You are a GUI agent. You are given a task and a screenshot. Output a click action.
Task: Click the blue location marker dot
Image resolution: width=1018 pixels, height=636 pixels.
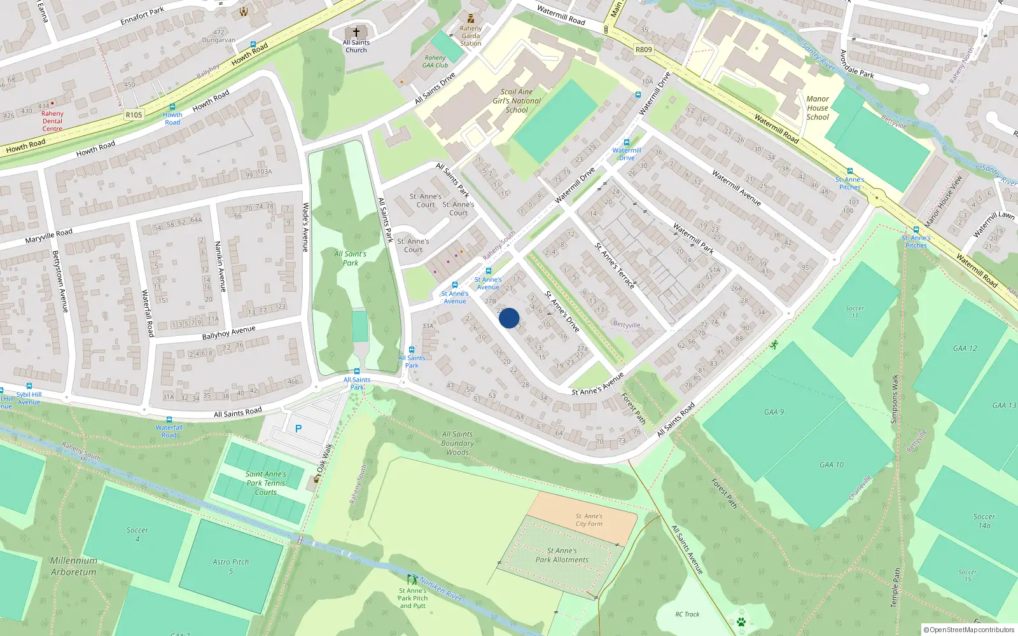pos(509,318)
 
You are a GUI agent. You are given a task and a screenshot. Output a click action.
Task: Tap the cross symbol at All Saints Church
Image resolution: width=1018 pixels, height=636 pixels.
pos(356,32)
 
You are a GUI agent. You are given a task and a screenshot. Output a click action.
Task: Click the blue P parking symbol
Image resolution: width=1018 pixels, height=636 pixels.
pos(298,429)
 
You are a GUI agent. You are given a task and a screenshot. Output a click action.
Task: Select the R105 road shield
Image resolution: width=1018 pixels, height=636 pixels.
pos(134,115)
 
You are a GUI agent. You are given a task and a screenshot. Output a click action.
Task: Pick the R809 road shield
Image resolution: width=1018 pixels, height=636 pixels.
pos(643,50)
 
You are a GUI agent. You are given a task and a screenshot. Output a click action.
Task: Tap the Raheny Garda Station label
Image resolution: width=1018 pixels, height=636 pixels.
pos(471,36)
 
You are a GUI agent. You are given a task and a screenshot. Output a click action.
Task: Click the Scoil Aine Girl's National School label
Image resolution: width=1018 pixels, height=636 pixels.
pos(517,100)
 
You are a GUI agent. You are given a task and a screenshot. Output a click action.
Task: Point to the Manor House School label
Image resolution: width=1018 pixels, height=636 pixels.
pos(818,108)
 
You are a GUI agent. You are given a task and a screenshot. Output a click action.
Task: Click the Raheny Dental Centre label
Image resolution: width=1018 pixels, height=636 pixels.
pos(52,121)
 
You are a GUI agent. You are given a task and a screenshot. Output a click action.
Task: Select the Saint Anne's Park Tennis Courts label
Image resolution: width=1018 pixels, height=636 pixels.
pos(266,483)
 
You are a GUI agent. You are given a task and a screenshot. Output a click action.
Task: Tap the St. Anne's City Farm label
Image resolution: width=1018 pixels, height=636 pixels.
pos(589,520)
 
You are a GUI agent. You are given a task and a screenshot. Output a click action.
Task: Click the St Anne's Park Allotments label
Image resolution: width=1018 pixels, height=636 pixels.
pos(562,555)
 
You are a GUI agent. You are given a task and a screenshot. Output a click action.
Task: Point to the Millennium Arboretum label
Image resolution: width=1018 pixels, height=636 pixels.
pos(74,566)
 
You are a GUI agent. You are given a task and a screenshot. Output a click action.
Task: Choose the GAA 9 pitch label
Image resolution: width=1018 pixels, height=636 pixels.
pos(774,412)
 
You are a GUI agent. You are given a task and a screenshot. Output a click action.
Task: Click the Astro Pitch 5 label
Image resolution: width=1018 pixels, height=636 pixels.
pos(230,566)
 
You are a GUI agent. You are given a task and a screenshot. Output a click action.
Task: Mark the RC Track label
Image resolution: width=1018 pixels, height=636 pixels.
pos(687,614)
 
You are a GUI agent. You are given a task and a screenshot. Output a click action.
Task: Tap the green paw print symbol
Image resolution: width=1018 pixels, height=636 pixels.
pos(741,621)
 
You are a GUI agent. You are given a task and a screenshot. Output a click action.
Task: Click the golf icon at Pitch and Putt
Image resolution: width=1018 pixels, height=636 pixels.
pos(412,579)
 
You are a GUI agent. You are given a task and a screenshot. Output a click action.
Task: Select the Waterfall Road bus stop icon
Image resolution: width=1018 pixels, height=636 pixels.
pos(169,420)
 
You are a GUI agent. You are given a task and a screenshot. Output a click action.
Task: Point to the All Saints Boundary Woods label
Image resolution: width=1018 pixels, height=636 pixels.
pos(457,443)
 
